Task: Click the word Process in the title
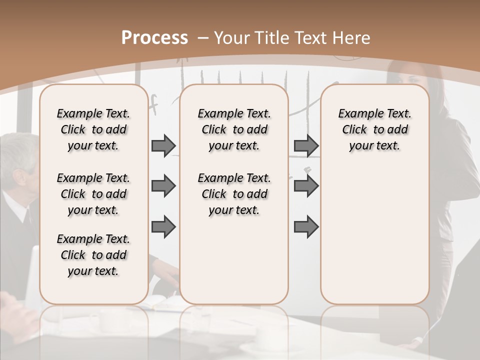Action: (x=154, y=38)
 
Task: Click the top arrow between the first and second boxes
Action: (x=163, y=145)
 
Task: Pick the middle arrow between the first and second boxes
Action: (x=163, y=186)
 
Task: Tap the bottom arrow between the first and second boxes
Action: (x=163, y=227)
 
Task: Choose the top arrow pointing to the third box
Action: (x=306, y=145)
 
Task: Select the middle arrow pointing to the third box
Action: (x=306, y=186)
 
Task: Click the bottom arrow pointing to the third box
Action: (x=306, y=227)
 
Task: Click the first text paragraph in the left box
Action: (x=93, y=129)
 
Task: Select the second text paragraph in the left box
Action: (x=93, y=194)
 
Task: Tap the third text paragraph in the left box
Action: (x=93, y=255)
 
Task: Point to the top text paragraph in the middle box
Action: (x=234, y=129)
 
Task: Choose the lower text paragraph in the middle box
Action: (x=234, y=194)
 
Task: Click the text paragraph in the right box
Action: (x=374, y=129)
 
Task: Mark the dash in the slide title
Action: (x=203, y=38)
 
